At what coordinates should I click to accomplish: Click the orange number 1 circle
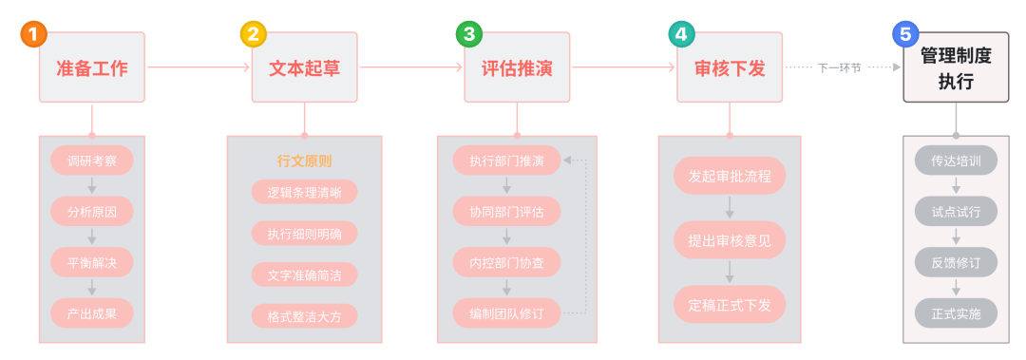click(33, 35)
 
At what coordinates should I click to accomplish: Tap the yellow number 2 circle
click(253, 35)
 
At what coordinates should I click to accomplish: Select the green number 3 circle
click(467, 35)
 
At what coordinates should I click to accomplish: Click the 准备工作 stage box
click(92, 68)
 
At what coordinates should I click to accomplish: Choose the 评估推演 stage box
click(518, 68)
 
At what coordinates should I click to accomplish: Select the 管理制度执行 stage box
click(956, 68)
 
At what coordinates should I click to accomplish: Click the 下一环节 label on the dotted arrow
click(839, 67)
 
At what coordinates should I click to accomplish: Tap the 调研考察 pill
click(92, 160)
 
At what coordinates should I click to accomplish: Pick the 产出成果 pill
click(92, 313)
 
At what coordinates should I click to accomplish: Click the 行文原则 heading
click(304, 161)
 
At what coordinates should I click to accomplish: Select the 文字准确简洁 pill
click(304, 275)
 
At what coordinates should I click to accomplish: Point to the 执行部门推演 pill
click(506, 160)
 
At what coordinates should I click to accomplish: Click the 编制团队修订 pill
click(506, 313)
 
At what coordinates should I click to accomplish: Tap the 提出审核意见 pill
click(730, 240)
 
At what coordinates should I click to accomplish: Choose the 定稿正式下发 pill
click(730, 304)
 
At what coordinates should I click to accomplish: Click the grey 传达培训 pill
click(956, 160)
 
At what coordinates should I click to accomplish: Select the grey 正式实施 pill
click(956, 313)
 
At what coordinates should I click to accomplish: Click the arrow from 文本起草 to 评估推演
click(411, 67)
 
